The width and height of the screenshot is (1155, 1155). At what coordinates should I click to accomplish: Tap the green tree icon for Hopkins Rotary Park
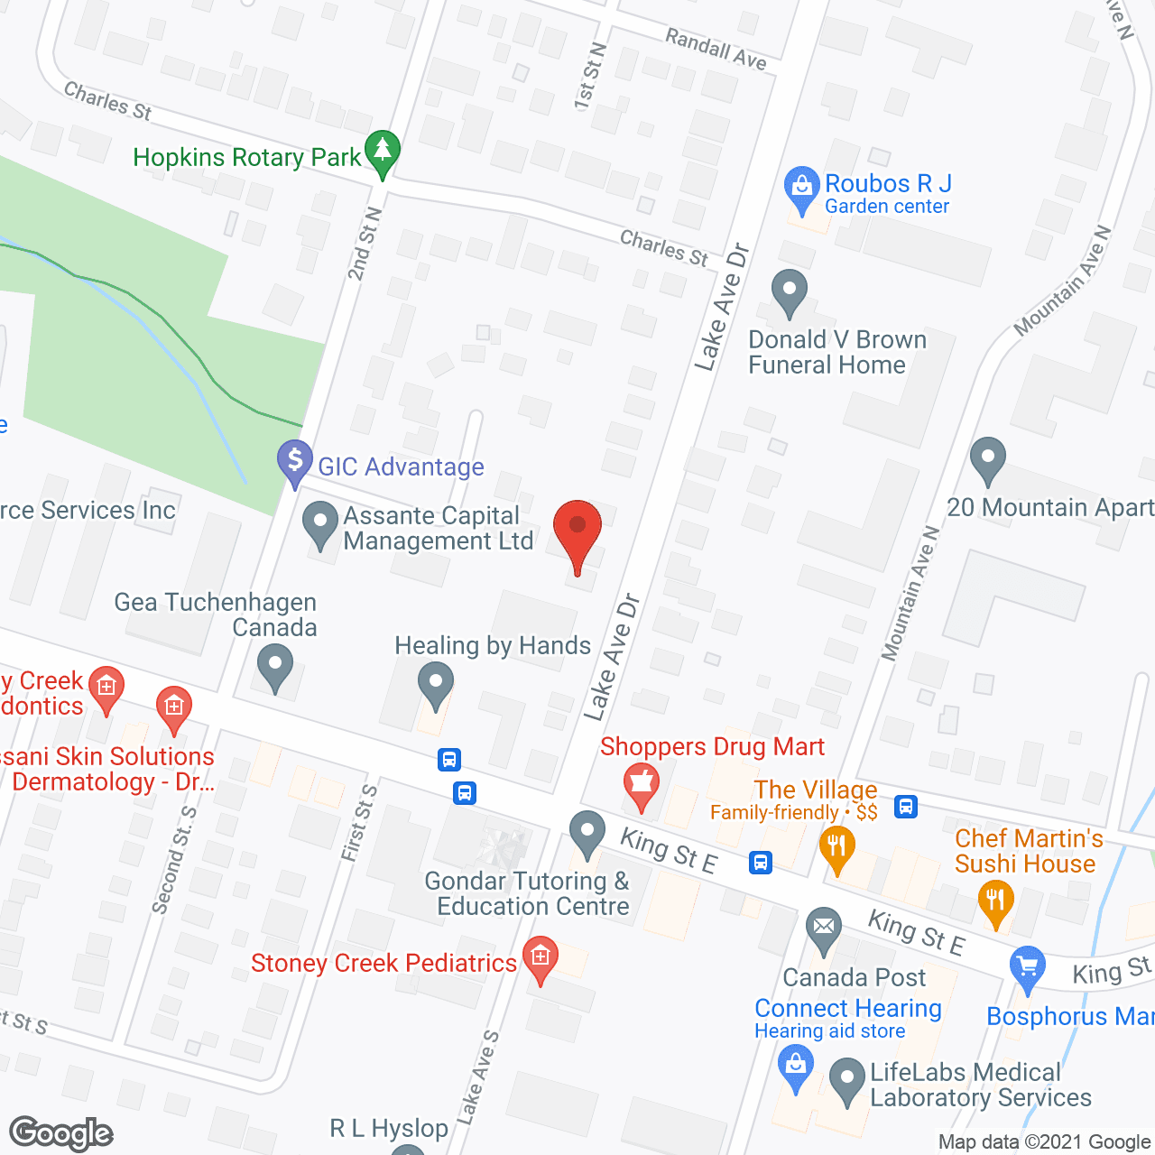tap(383, 152)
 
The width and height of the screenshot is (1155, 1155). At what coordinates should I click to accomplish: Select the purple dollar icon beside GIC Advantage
tap(294, 461)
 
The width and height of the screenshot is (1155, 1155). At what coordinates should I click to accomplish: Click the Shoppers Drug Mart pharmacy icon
tap(641, 782)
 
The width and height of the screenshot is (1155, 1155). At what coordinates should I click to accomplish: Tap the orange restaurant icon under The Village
tap(837, 849)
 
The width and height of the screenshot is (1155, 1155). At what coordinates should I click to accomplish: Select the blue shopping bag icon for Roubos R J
tap(800, 188)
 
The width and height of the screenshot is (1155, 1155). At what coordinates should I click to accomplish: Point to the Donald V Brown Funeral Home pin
tap(790, 291)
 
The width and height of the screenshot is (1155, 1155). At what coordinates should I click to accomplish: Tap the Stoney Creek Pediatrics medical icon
tap(541, 958)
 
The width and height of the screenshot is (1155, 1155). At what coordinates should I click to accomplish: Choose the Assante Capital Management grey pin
tap(319, 523)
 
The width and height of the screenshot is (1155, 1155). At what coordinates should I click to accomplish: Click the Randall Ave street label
tap(716, 49)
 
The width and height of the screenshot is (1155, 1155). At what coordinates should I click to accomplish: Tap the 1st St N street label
tap(590, 76)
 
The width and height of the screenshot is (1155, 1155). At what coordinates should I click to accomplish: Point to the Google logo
tap(61, 1133)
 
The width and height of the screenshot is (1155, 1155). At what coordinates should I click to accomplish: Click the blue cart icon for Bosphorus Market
tap(1027, 967)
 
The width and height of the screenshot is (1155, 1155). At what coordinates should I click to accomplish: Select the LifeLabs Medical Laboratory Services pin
tap(846, 1080)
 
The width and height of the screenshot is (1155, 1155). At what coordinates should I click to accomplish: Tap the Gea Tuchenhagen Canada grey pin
tap(275, 669)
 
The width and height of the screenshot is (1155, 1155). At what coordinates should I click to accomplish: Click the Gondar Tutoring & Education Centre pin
tap(587, 832)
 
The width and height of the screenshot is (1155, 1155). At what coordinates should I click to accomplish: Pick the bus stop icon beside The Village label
tap(906, 806)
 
